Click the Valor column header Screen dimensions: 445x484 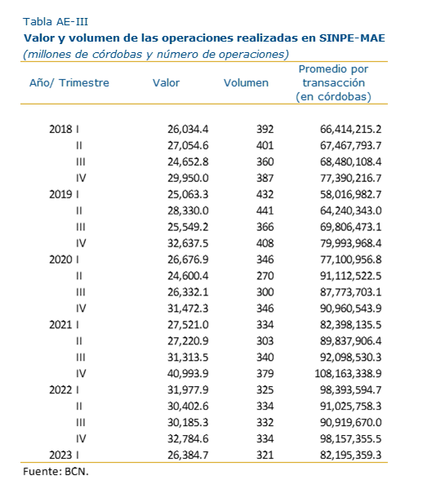coord(166,82)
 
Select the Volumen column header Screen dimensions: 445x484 coord(246,82)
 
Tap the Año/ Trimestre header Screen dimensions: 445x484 coord(69,82)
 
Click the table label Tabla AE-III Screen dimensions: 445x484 coord(56,21)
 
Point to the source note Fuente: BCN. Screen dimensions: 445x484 coord(56,471)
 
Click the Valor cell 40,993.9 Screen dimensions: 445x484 coord(188,374)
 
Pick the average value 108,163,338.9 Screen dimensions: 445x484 coord(348,374)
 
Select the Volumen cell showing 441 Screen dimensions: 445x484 coord(265,211)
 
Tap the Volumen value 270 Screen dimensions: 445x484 coord(265,276)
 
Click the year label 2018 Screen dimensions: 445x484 coord(60,129)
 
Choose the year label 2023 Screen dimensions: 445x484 coord(60,455)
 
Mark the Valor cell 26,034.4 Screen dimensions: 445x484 coord(188,129)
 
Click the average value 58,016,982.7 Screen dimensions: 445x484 coord(350,194)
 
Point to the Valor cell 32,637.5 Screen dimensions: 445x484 coord(188,243)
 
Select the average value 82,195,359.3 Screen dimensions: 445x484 coord(350,455)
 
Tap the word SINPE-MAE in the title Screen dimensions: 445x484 coord(352,38)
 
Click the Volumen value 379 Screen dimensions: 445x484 coord(265,374)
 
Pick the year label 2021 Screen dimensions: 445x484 coord(60,325)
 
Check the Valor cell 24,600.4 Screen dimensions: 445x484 coord(188,276)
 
